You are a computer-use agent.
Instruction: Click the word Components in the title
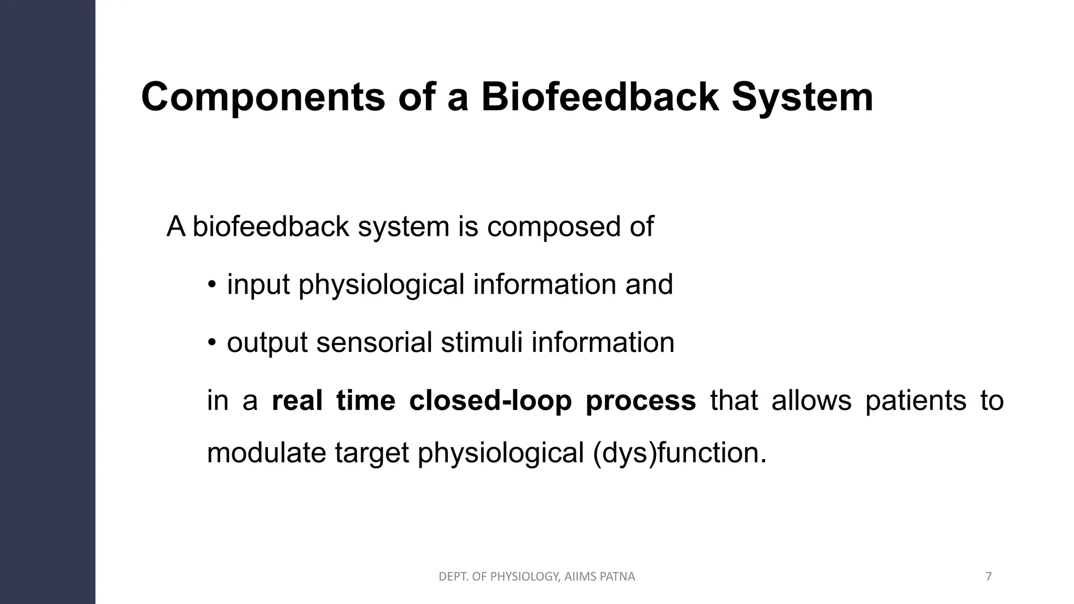click(263, 98)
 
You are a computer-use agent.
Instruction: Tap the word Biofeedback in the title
click(599, 98)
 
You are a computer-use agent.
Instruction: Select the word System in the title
click(802, 98)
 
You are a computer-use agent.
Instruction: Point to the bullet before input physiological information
click(211, 286)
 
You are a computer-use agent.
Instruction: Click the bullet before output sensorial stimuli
click(211, 343)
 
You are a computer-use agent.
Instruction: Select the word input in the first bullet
click(258, 285)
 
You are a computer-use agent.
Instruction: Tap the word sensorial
click(374, 342)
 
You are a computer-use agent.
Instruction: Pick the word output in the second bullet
click(267, 342)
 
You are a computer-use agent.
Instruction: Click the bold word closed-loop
click(490, 401)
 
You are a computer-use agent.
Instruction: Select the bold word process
click(640, 401)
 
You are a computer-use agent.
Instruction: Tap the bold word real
click(297, 401)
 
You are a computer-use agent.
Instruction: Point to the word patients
click(915, 401)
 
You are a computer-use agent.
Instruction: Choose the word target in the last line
click(371, 452)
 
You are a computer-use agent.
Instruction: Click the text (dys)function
click(680, 452)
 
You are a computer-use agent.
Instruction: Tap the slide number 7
click(989, 577)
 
